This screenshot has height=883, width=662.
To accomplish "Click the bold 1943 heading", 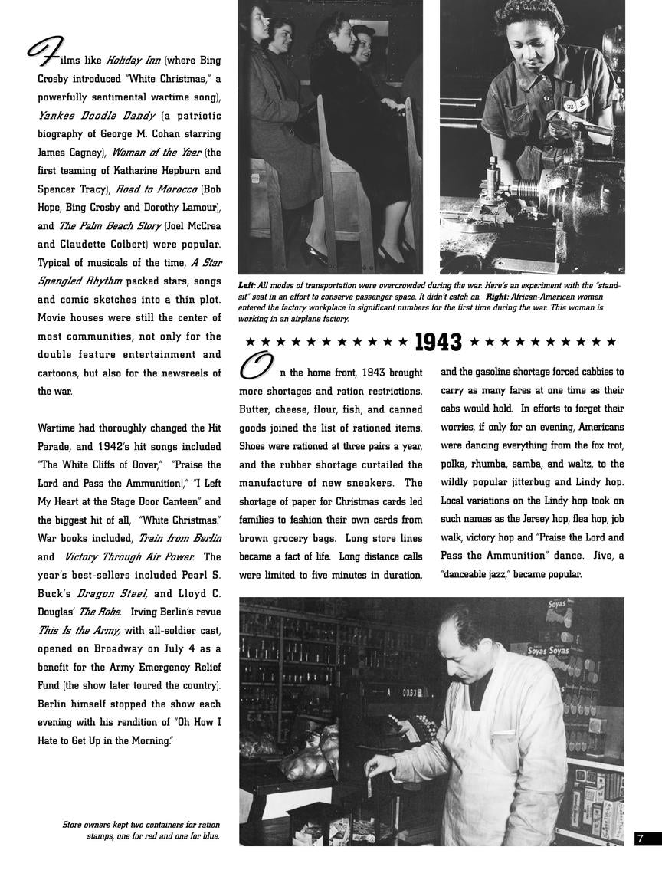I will point(438,342).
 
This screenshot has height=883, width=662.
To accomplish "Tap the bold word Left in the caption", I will point(247,285).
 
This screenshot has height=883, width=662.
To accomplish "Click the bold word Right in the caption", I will point(499,297).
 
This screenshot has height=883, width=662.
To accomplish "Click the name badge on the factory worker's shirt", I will point(571,104).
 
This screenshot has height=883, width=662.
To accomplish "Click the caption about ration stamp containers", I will point(141,830).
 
